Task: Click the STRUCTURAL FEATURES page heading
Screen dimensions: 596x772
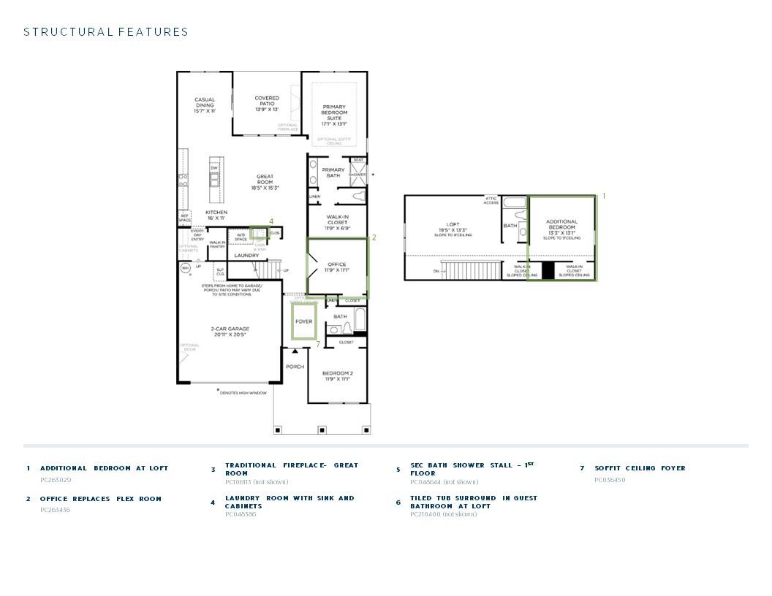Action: (106, 32)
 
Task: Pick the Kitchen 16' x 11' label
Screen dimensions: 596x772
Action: (216, 215)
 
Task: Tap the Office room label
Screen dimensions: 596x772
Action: (337, 267)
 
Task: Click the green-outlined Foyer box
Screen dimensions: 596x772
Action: (303, 321)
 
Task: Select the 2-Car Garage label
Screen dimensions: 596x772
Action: (230, 332)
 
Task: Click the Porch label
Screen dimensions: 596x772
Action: (295, 367)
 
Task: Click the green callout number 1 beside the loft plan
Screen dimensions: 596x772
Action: (604, 196)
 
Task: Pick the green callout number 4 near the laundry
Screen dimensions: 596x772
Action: (271, 221)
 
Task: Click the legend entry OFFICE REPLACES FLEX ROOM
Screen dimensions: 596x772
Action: (101, 499)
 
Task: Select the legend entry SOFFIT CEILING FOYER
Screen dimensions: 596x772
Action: (640, 468)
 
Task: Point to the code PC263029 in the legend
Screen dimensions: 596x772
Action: (56, 480)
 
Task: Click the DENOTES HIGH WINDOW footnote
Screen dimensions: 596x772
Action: (243, 393)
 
